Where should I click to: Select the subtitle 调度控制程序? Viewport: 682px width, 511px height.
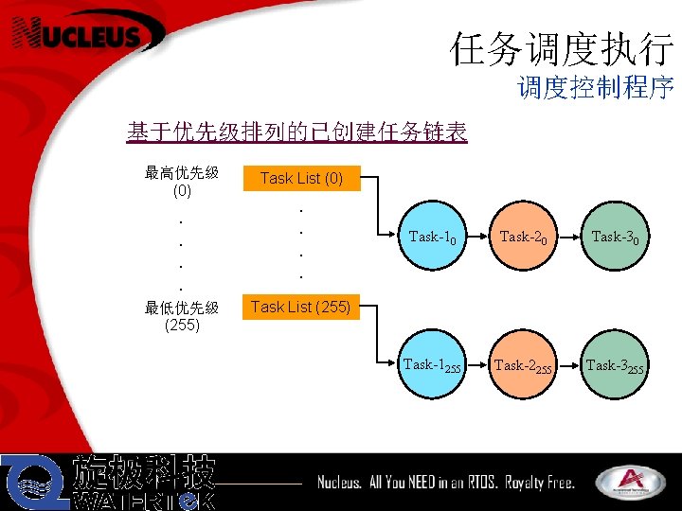595,88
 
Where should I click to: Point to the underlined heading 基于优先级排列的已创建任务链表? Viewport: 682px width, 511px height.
296,132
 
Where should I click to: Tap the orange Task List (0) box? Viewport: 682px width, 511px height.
301,178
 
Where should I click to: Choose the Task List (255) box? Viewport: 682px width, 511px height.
301,307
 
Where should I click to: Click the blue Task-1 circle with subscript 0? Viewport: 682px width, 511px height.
433,237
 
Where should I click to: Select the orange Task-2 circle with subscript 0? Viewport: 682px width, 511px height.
524,237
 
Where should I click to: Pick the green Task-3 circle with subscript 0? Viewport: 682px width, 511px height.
615,237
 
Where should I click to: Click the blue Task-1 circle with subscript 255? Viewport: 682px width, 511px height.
433,364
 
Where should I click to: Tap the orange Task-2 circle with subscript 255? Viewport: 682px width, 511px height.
524,364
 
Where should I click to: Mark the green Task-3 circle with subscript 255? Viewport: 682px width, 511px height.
615,364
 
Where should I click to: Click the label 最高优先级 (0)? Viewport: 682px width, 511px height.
182,181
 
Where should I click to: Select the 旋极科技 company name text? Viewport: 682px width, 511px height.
145,472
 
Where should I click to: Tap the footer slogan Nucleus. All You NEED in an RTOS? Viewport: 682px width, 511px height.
445,483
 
